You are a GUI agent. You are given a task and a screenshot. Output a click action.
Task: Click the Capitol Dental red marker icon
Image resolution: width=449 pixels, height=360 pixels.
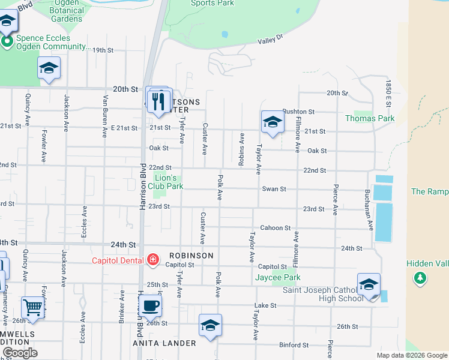pyautogui.click(x=153, y=260)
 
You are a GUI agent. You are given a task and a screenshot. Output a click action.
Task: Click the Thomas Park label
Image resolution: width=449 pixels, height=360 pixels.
pyautogui.click(x=370, y=119)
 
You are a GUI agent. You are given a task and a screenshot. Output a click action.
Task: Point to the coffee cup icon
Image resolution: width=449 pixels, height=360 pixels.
pyautogui.click(x=151, y=306)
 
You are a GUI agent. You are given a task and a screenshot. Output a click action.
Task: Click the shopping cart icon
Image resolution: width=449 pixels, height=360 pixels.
pyautogui.click(x=33, y=308)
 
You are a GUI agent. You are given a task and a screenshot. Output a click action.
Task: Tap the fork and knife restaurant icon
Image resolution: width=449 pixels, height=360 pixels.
pyautogui.click(x=159, y=100)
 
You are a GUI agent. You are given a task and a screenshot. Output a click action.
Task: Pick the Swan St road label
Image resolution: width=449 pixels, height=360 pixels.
pyautogui.click(x=274, y=189)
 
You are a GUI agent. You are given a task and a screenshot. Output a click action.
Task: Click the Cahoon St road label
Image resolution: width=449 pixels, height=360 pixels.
pyautogui.click(x=275, y=229)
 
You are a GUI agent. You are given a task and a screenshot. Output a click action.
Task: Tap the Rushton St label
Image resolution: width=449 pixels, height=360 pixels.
pyautogui.click(x=298, y=112)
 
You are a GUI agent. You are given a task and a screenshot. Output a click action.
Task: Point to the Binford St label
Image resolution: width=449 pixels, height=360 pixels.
pyautogui.click(x=294, y=345)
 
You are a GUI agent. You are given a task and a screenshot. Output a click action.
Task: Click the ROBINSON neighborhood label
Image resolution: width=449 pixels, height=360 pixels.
pyautogui.click(x=191, y=256)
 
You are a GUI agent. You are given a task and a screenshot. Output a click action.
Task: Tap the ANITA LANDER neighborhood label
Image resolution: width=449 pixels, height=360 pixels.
pyautogui.click(x=164, y=343)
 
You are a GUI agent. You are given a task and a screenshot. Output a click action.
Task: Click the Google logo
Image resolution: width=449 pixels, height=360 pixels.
pyautogui.click(x=20, y=353)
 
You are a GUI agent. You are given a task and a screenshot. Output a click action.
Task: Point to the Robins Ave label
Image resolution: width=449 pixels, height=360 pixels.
pyautogui.click(x=241, y=149)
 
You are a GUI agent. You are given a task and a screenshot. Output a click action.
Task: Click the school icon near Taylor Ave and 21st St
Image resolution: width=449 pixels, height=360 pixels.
pyautogui.click(x=273, y=122)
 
